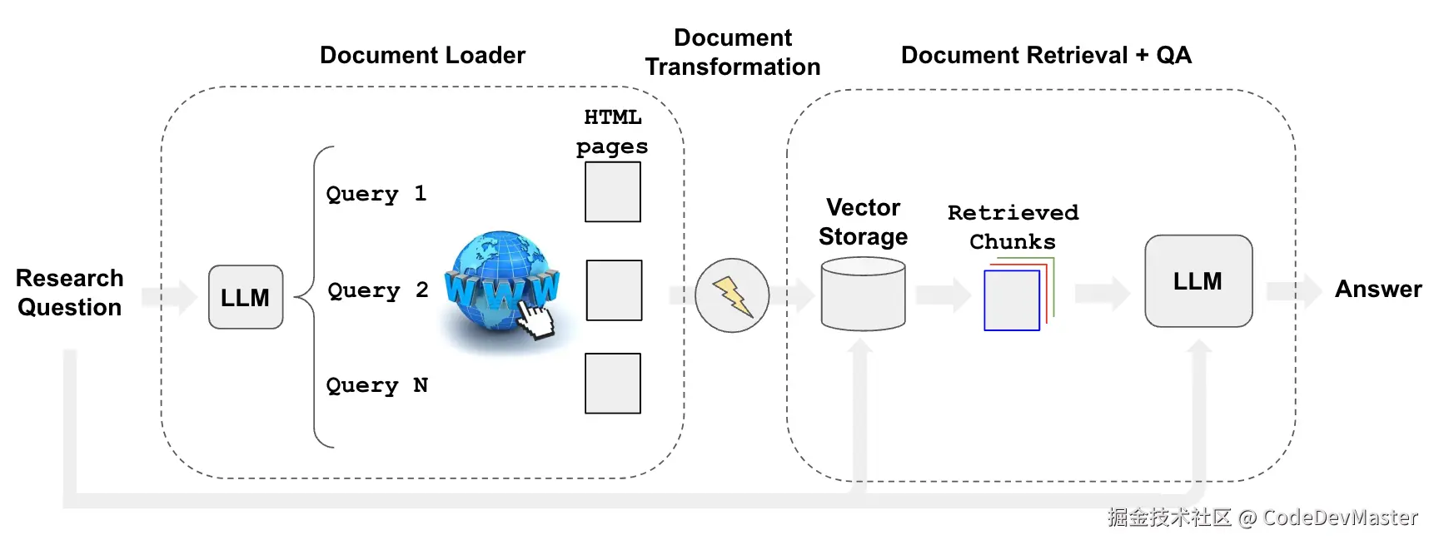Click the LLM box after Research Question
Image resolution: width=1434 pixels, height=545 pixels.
(x=246, y=297)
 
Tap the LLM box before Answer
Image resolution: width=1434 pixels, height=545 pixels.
(x=1198, y=281)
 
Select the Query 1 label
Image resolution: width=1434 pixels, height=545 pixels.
(x=376, y=194)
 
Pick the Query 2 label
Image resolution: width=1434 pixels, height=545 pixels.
(x=378, y=290)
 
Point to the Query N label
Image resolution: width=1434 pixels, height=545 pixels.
(x=376, y=385)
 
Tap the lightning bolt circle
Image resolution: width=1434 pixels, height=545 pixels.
(x=732, y=295)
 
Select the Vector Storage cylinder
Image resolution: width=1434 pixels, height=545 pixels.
(x=863, y=295)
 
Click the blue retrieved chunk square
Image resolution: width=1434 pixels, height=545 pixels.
(x=1012, y=300)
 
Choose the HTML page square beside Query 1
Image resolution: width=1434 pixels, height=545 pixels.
(x=613, y=192)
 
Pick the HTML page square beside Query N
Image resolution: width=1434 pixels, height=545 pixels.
(x=613, y=384)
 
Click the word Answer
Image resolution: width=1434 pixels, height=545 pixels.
(x=1378, y=290)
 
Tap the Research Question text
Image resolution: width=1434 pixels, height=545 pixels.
(x=70, y=292)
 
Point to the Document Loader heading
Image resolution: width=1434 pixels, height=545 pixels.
(x=422, y=56)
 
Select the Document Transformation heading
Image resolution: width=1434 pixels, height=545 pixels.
(x=733, y=52)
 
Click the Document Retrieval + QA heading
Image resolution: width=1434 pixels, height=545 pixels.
(x=1046, y=56)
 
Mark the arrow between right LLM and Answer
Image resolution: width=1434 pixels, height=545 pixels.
(x=1293, y=291)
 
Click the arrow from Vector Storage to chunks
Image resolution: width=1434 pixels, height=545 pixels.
(x=943, y=295)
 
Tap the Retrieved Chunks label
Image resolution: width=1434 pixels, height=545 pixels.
(x=1013, y=227)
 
